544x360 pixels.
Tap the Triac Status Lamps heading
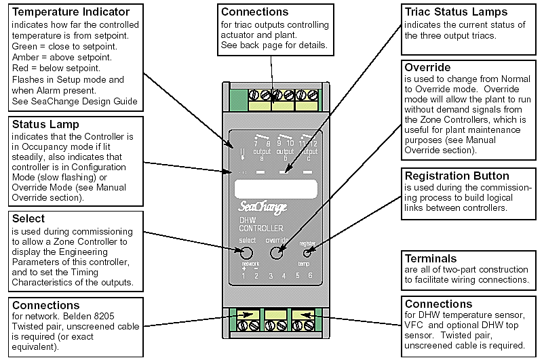pos(456,13)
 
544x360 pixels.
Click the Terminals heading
pos(431,259)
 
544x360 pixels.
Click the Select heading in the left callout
pos(29,219)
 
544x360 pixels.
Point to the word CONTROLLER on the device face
pos(261,228)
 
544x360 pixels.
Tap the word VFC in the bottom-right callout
pos(415,327)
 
